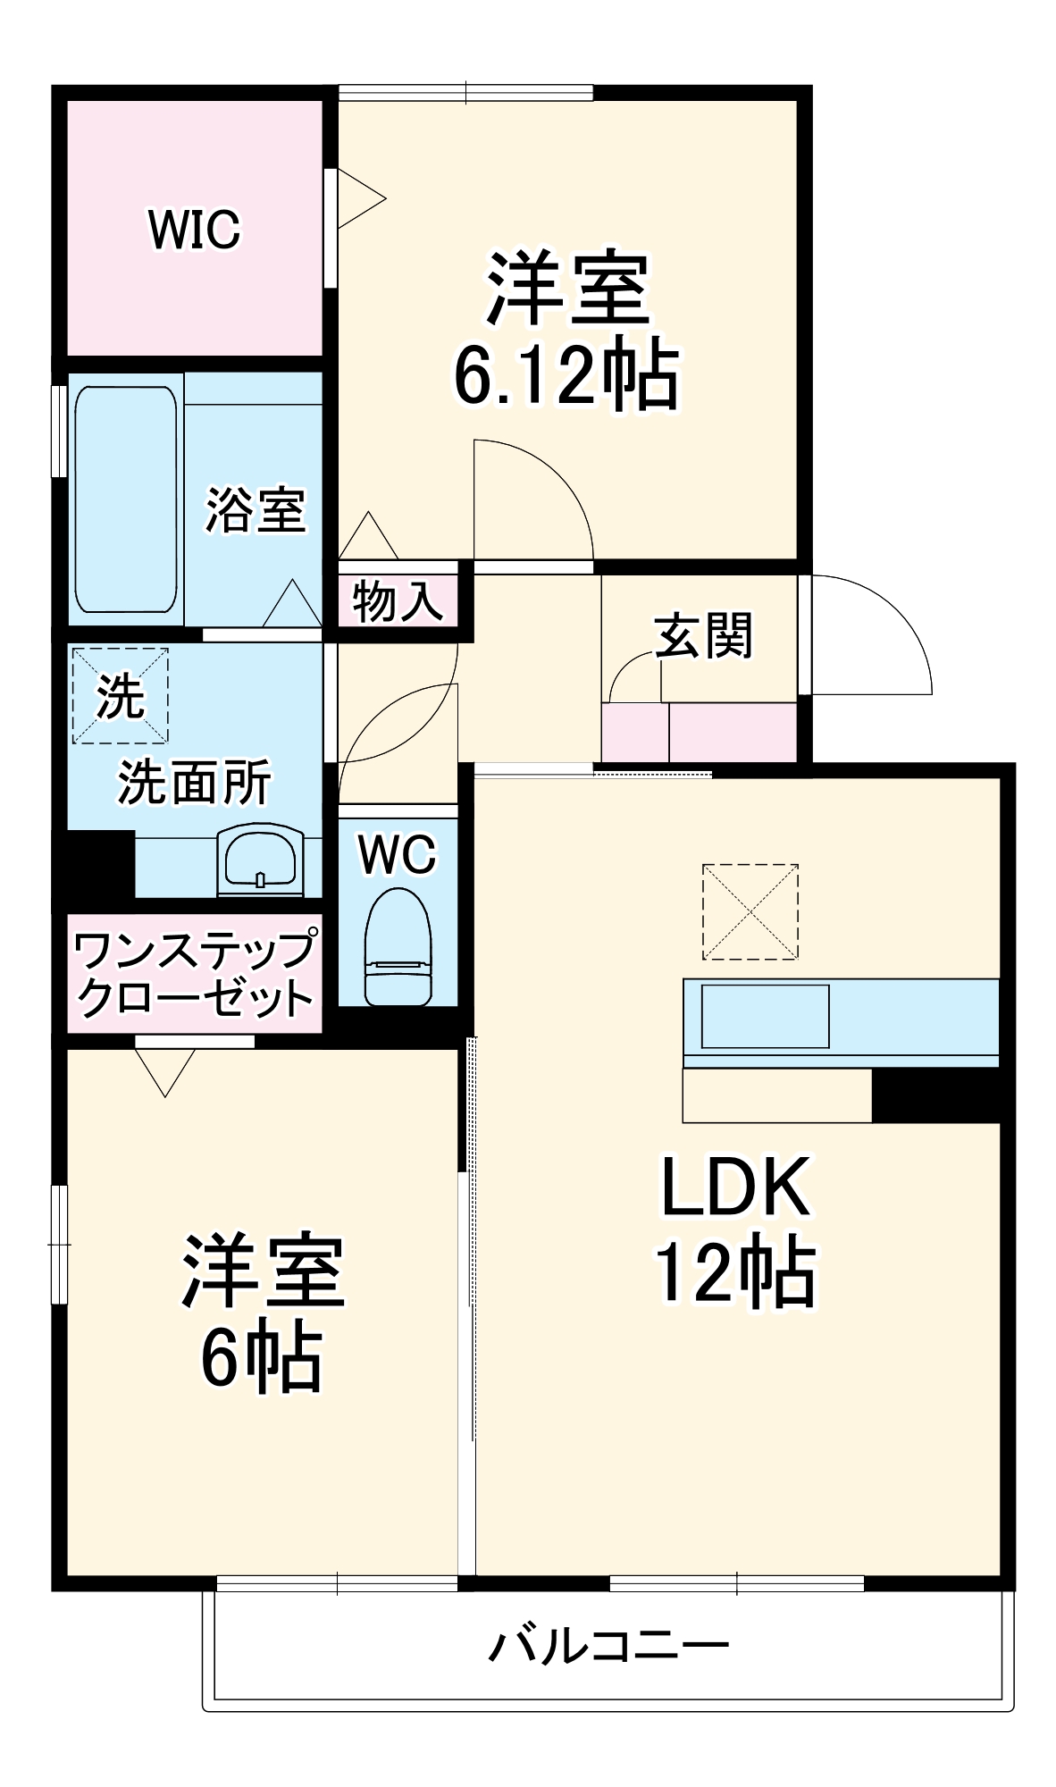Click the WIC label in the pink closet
click(194, 230)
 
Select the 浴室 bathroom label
click(256, 510)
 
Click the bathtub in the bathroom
click(126, 499)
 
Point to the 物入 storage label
click(397, 600)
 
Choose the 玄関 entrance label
click(703, 635)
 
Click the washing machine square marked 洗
click(120, 695)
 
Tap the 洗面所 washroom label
click(194, 783)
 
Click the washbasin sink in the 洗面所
click(260, 860)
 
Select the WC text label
click(398, 854)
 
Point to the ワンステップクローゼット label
click(195, 974)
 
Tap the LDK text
click(735, 1187)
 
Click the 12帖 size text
click(735, 1271)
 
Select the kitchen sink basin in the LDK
click(765, 1016)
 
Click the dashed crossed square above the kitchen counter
click(750, 911)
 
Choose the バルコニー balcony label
click(608, 1646)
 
